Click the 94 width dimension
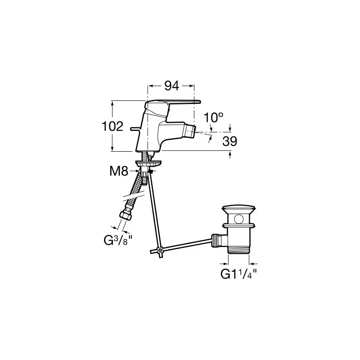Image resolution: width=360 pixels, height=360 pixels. pos(172,86)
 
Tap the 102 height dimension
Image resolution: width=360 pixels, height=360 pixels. pos(112,126)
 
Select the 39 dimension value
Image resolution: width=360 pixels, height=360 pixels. pos(229,141)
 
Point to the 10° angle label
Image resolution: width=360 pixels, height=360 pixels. pos(213,118)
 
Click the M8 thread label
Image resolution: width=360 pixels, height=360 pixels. pos(119,171)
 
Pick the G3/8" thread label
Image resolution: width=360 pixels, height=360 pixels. pos(118,240)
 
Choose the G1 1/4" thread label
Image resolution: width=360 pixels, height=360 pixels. pos(239,274)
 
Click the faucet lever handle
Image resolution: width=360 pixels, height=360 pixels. pos(173,104)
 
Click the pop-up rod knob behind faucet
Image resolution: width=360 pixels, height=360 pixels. pos(134,129)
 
